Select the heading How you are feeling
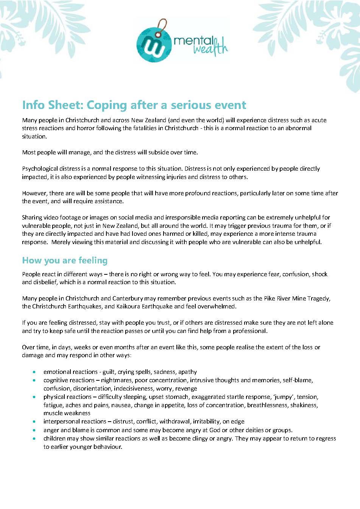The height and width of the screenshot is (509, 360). coord(65,260)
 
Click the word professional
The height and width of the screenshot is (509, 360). coord(250,331)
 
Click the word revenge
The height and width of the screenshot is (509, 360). coord(186,388)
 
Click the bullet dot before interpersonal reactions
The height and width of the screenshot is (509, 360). coord(35,422)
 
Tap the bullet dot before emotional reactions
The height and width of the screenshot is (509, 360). coord(35,372)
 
